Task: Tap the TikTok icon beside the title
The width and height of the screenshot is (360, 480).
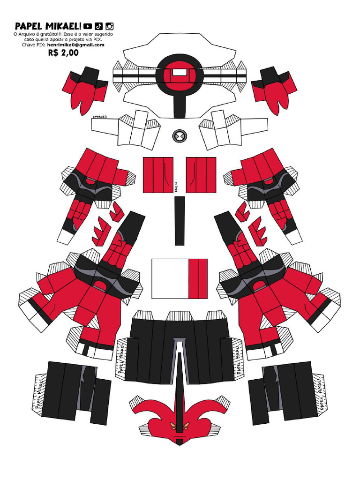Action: pos(98,26)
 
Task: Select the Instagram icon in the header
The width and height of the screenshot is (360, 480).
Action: pos(109,26)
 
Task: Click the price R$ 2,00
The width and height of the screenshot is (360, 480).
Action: pos(63,53)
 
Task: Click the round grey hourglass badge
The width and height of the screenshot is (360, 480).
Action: pos(180,136)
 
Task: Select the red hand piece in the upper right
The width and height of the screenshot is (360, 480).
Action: pos(274,90)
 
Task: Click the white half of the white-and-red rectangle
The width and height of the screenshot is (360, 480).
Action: pos(170,278)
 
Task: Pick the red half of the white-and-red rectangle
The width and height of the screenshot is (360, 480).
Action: pos(197,278)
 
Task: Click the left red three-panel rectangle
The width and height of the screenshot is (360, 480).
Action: pos(158,175)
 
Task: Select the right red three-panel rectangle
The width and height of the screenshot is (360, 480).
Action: pos(201,175)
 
